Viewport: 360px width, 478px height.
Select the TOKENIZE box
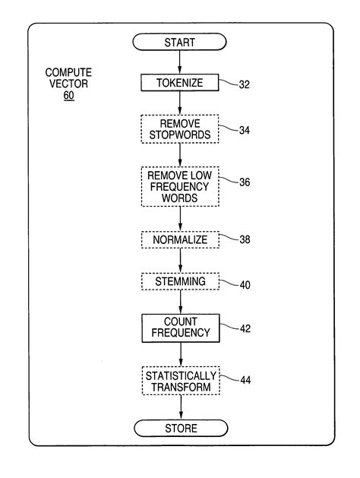180,83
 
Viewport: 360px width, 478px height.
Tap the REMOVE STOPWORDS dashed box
180,129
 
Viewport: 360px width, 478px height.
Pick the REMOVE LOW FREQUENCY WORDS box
180,186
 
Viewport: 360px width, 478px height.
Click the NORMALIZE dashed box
180,240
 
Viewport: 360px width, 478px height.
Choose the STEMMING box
180,281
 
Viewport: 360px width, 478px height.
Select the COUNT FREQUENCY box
180,328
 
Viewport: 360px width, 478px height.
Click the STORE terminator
180,429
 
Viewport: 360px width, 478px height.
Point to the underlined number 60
69,97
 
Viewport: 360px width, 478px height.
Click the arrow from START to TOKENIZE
180,63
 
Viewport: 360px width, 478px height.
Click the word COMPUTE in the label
69,74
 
